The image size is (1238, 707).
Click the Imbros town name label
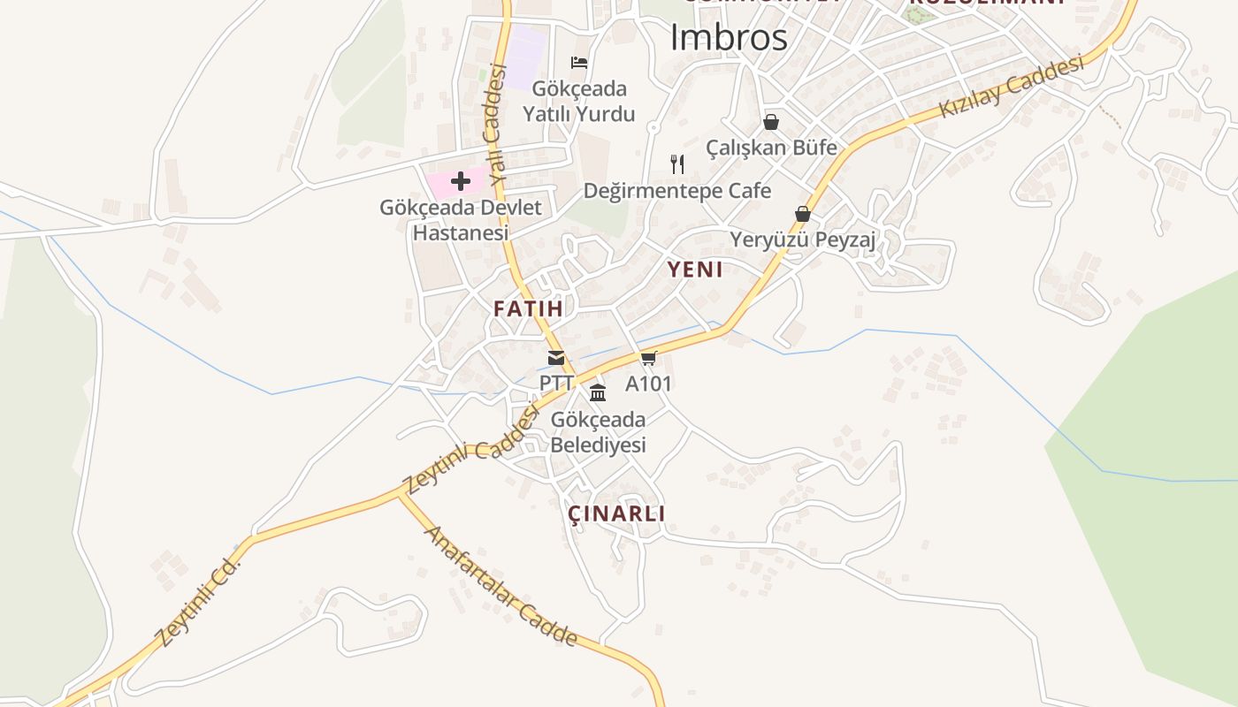click(729, 38)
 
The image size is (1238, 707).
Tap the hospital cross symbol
click(460, 182)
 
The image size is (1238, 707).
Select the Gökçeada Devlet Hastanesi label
click(461, 220)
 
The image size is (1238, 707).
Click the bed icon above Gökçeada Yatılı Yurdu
click(579, 62)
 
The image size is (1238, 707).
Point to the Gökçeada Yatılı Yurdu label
click(578, 102)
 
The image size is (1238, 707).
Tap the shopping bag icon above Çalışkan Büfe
click(771, 122)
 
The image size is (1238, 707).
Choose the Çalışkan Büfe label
click(771, 148)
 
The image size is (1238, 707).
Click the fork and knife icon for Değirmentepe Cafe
click(677, 163)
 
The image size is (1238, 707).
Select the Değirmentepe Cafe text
click(677, 191)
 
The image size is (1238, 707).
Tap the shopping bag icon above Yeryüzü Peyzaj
click(803, 214)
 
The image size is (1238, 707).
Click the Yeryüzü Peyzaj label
click(802, 239)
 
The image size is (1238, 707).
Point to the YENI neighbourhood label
click(695, 270)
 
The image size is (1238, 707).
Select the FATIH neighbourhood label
click(528, 308)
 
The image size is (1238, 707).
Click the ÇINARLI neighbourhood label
click(616, 513)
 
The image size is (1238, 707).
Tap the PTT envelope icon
click(556, 358)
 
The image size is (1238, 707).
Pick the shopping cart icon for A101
click(649, 358)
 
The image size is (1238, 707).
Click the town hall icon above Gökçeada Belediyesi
click(598, 393)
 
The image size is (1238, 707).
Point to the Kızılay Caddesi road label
click(1012, 87)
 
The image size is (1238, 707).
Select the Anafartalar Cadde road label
click(501, 586)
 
